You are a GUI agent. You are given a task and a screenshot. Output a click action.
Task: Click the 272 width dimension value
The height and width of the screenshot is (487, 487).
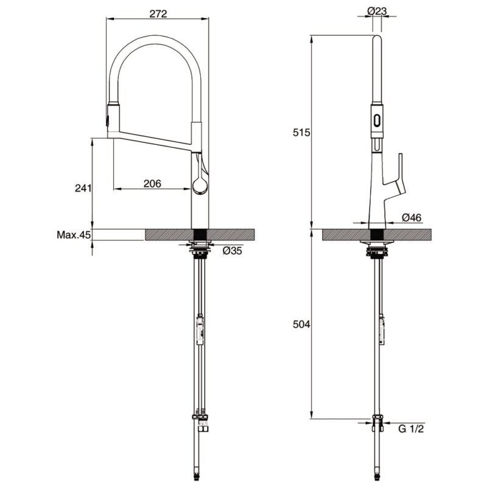[158, 14]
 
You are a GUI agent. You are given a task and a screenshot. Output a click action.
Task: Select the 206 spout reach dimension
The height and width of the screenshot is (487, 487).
[152, 184]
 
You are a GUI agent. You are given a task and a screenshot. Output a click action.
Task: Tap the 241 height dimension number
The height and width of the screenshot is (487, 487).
[83, 188]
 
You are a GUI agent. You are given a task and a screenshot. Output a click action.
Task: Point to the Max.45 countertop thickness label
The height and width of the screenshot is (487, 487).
[74, 235]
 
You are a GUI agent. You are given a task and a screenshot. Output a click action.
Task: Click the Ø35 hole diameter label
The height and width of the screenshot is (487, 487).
[233, 250]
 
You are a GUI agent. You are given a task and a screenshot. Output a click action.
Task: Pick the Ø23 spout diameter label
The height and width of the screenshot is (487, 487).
[377, 11]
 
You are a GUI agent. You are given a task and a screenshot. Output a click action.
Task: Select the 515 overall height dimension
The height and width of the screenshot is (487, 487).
[301, 133]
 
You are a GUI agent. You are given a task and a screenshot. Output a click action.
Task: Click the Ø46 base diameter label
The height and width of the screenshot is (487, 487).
[412, 218]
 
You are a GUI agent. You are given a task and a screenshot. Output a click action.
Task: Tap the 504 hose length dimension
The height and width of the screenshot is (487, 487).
[301, 324]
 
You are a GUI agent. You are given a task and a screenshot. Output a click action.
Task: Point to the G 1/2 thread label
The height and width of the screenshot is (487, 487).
[411, 429]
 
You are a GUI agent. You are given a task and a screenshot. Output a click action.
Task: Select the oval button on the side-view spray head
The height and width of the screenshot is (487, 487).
[377, 120]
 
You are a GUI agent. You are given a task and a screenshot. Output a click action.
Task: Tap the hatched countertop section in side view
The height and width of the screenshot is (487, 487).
[376, 234]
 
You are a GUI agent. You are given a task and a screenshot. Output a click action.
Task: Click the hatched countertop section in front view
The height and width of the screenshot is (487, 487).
[200, 234]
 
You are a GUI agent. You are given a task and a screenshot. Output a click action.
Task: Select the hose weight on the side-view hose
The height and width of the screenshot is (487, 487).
[382, 329]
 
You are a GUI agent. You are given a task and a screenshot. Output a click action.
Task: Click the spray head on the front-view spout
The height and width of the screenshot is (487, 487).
[113, 119]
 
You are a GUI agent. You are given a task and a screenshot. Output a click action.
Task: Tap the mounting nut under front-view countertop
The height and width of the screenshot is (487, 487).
[200, 250]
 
